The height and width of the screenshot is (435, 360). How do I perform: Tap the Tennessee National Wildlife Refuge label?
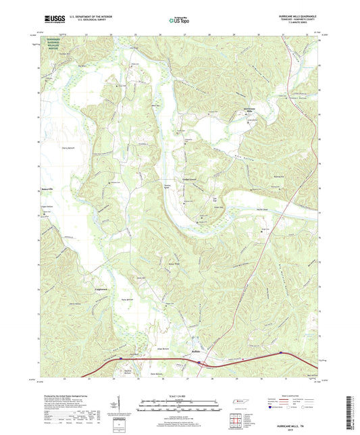(x=57, y=45)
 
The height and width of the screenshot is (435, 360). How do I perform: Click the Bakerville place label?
(x=42, y=189)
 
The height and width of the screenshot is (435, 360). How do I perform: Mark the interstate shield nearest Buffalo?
(x=201, y=363)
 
